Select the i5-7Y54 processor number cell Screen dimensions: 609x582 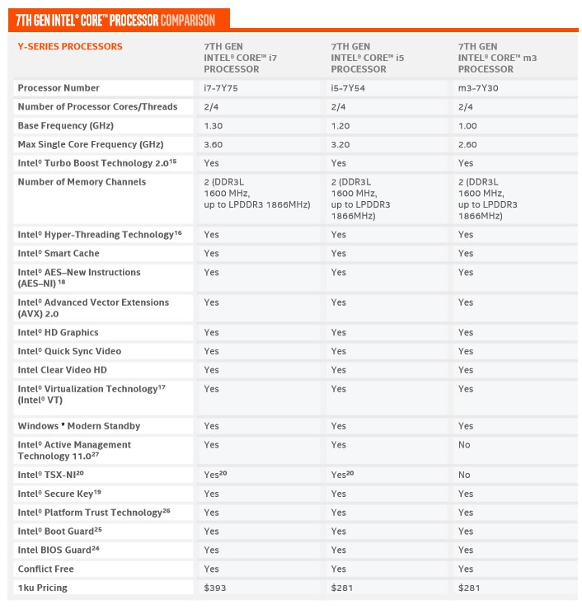click(x=347, y=88)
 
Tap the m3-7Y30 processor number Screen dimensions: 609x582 click(x=476, y=88)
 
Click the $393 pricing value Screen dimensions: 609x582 click(x=214, y=588)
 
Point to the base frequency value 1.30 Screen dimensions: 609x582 click(x=213, y=126)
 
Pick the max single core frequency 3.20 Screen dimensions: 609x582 click(x=340, y=144)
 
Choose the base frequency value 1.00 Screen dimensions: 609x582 click(x=468, y=126)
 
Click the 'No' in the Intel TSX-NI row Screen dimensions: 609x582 click(x=464, y=475)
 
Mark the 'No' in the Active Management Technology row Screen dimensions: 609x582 click(x=464, y=445)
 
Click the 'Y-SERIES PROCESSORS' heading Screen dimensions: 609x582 click(x=70, y=47)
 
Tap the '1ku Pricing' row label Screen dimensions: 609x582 click(x=43, y=588)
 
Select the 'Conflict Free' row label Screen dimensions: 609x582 click(x=45, y=569)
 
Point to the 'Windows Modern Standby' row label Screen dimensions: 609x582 click(x=79, y=426)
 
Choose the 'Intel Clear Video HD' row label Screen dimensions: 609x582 click(x=63, y=370)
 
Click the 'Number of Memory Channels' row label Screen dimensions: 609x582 click(x=82, y=182)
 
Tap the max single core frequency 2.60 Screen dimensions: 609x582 click(x=468, y=144)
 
